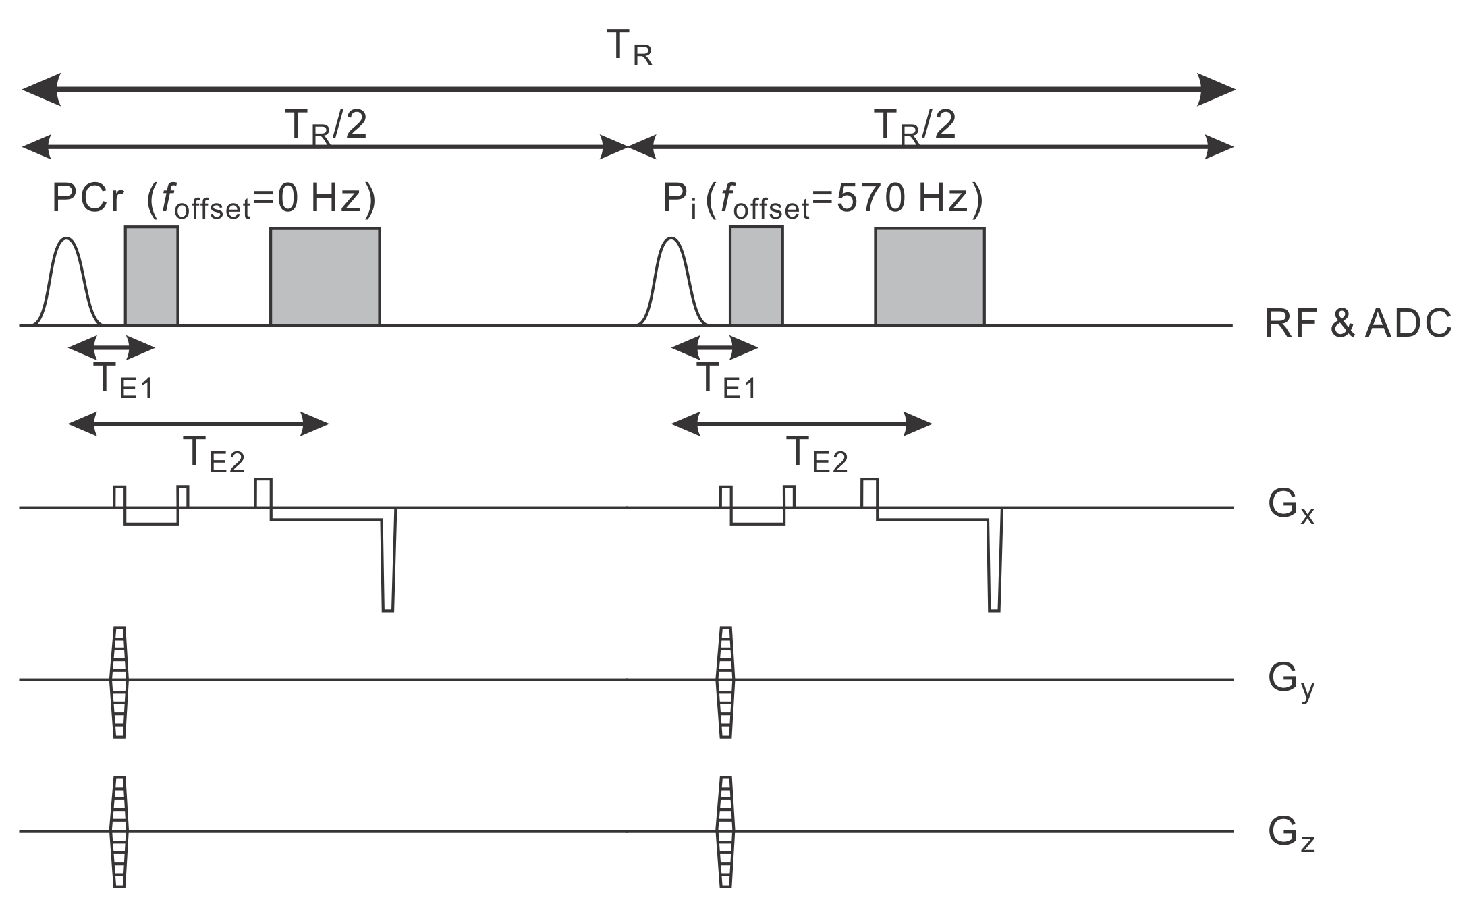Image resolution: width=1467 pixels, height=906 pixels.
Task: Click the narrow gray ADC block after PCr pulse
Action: pyautogui.click(x=151, y=276)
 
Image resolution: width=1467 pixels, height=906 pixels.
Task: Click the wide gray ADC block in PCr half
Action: pyautogui.click(x=325, y=277)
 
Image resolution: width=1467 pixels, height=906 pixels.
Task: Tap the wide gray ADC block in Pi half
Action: pyautogui.click(x=929, y=277)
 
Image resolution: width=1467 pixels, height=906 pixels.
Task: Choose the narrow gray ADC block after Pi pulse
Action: pyautogui.click(x=756, y=276)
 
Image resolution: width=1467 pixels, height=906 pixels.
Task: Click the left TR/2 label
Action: pyautogui.click(x=326, y=125)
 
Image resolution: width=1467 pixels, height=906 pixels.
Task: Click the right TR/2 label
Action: pyautogui.click(x=914, y=125)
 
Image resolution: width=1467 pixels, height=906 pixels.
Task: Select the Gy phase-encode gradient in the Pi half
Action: pyautogui.click(x=725, y=681)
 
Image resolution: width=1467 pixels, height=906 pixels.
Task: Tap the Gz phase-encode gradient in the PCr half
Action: pyautogui.click(x=119, y=831)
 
